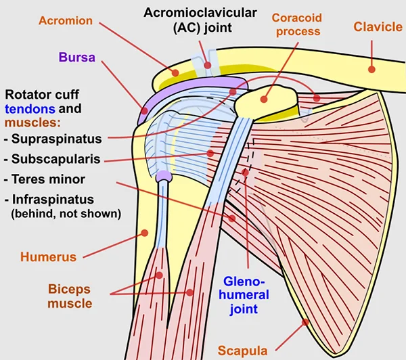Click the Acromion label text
[x=66, y=21]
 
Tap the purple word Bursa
[x=77, y=58]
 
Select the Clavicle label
[x=378, y=27]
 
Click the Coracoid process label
[x=297, y=24]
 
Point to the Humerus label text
[x=49, y=257]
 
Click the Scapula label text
[x=243, y=351]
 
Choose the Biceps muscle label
[x=70, y=296]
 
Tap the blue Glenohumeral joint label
[x=244, y=296]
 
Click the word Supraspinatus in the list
[x=56, y=139]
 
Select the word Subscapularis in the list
[x=55, y=159]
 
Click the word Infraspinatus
[x=53, y=200]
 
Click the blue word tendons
[x=30, y=109]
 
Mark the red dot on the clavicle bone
[x=371, y=69]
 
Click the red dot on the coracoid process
[x=264, y=99]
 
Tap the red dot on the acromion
[x=175, y=73]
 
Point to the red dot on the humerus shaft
[x=145, y=233]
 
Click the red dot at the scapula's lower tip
[x=306, y=322]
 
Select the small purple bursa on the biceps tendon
[x=164, y=177]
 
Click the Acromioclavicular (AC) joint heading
[x=200, y=20]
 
